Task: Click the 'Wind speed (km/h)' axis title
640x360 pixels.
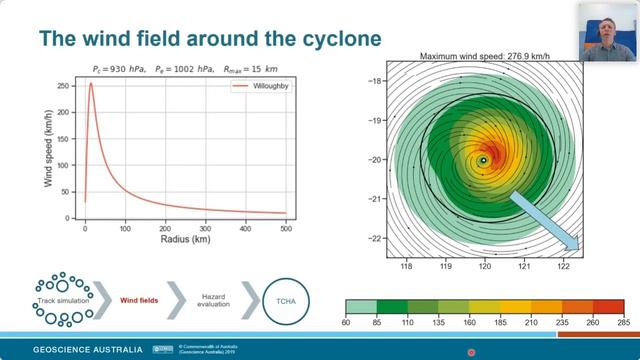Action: tap(48, 149)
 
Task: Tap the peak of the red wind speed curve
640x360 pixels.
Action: tap(91, 83)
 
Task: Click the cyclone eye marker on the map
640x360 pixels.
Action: tap(484, 160)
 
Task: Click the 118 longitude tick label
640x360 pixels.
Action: tap(406, 267)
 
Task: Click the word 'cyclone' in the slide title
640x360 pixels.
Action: tap(326, 39)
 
